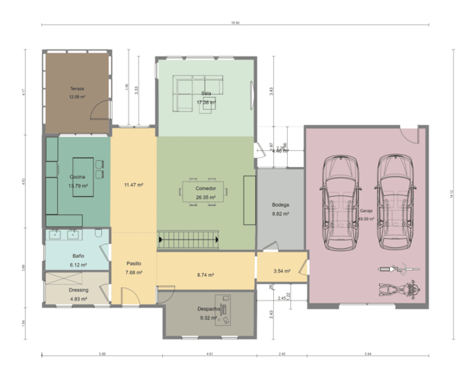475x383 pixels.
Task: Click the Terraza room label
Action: click(x=76, y=89)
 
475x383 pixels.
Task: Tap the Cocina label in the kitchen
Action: click(x=78, y=177)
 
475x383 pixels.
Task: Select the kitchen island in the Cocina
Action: click(x=83, y=177)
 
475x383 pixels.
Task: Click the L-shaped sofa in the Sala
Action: click(x=194, y=92)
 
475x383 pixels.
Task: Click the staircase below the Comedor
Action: click(x=189, y=241)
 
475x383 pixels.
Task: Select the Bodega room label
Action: click(x=281, y=206)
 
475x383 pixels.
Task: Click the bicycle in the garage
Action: click(x=397, y=269)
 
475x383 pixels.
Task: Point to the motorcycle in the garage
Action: click(x=397, y=288)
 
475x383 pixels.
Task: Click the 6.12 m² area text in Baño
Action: click(x=78, y=265)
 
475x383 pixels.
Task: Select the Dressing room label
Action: click(x=78, y=290)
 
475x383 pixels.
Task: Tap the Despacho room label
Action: click(x=209, y=308)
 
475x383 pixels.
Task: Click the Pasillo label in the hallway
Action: click(x=134, y=263)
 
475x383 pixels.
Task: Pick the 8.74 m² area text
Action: click(x=206, y=275)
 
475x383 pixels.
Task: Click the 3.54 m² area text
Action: click(x=281, y=271)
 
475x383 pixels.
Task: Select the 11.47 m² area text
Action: click(x=134, y=185)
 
